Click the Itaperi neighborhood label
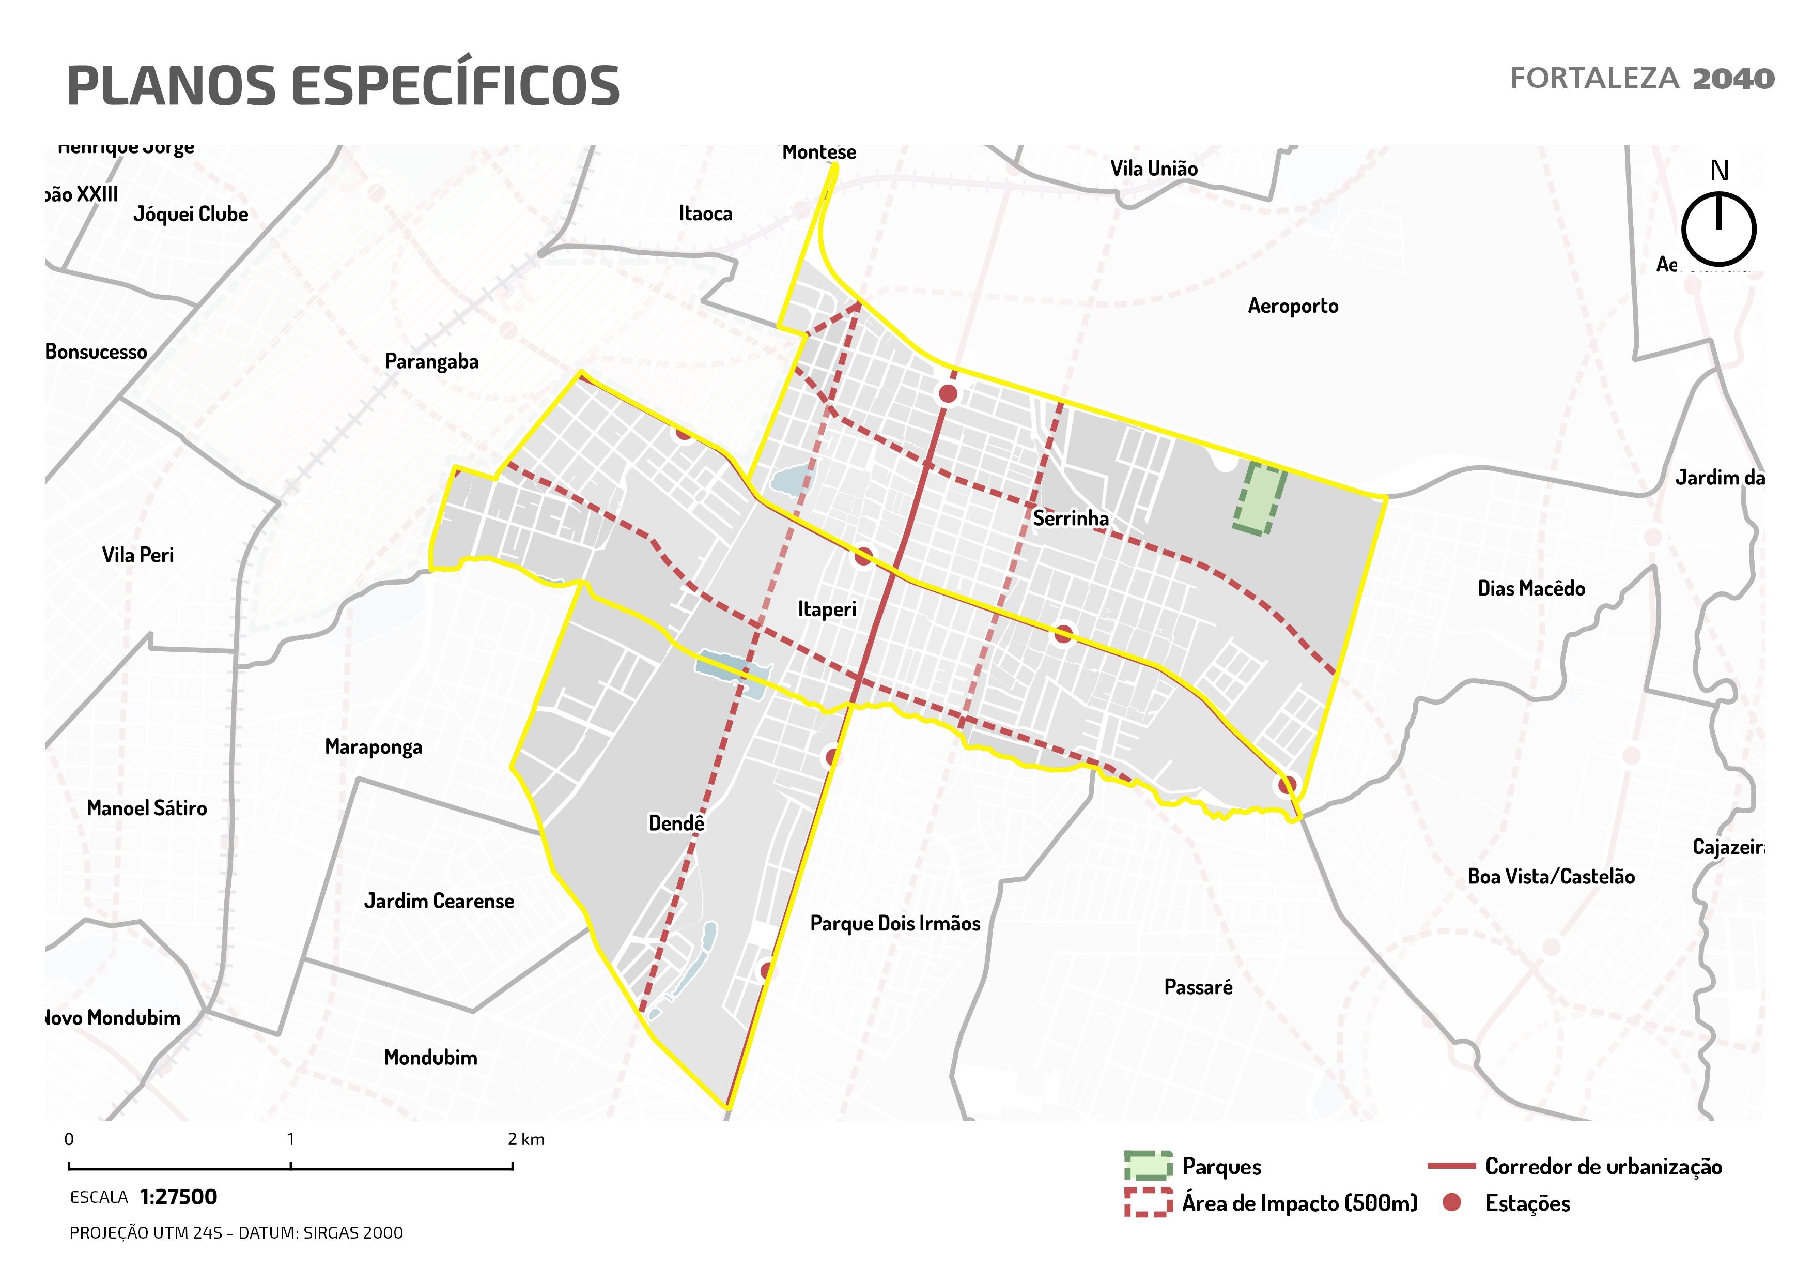[x=826, y=609]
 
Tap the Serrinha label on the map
[x=1070, y=518]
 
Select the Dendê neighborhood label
[x=675, y=823]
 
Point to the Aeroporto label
[x=1293, y=307]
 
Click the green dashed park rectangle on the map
[x=1260, y=499]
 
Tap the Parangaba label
[x=432, y=361]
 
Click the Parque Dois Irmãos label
[x=895, y=924]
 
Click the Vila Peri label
[x=137, y=555]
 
